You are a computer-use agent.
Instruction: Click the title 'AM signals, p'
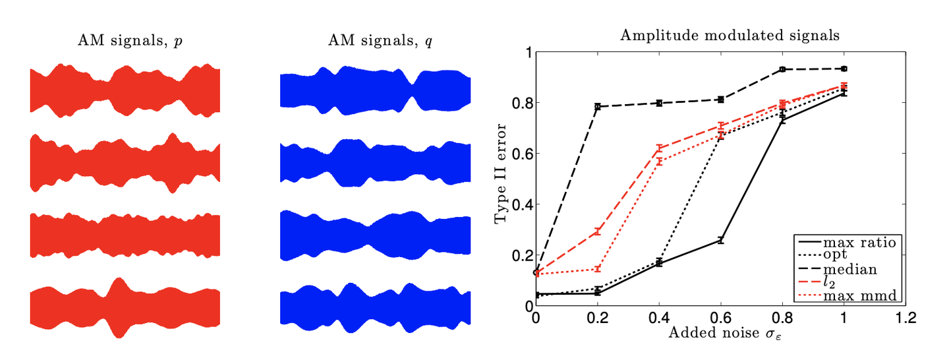click(x=130, y=41)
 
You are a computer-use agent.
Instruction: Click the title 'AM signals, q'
click(x=380, y=41)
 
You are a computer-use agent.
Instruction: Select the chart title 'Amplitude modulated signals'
click(x=730, y=36)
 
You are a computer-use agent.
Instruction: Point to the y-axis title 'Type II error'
click(x=501, y=173)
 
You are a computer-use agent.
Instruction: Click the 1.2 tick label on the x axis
click(x=906, y=318)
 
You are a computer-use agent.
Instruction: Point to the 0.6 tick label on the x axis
click(x=721, y=318)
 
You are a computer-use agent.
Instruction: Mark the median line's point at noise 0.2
click(x=597, y=106)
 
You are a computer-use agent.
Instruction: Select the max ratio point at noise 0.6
click(x=721, y=240)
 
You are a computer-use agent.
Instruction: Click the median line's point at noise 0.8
click(x=782, y=69)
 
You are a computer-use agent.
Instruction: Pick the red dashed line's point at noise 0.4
click(x=659, y=148)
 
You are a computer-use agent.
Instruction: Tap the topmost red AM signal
click(x=125, y=90)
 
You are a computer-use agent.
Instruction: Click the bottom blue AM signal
click(x=376, y=307)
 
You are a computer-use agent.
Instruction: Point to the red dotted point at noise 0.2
click(x=597, y=269)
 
